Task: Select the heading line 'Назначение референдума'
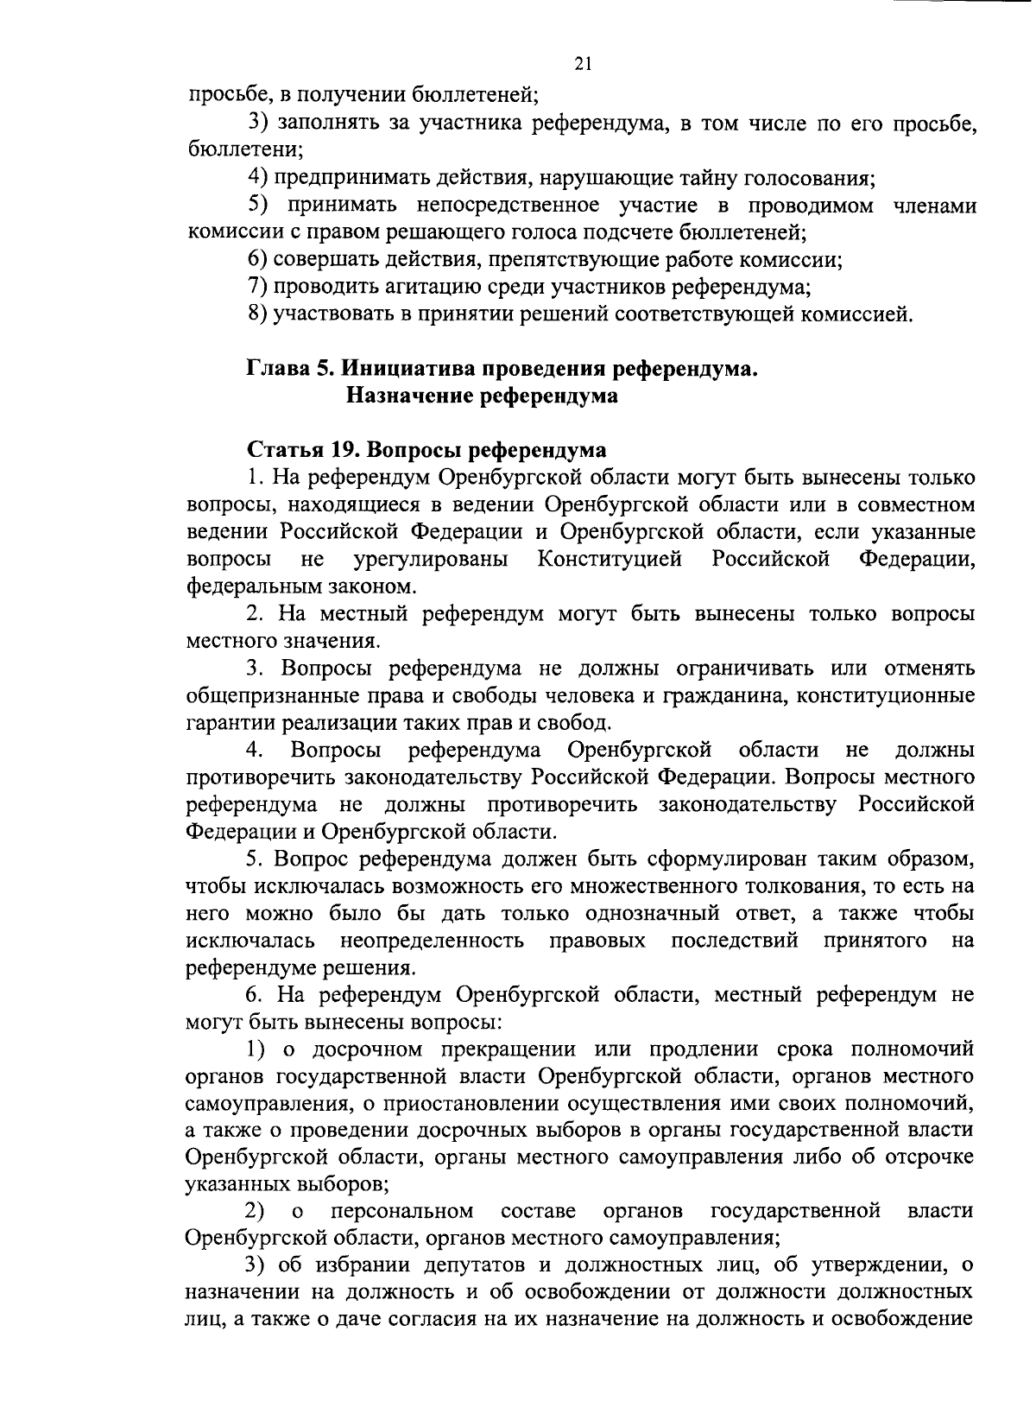482,396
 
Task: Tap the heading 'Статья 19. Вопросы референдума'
426,450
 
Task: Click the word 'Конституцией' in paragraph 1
610,559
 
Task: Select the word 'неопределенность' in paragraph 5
432,941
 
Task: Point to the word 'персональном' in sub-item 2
402,1211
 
